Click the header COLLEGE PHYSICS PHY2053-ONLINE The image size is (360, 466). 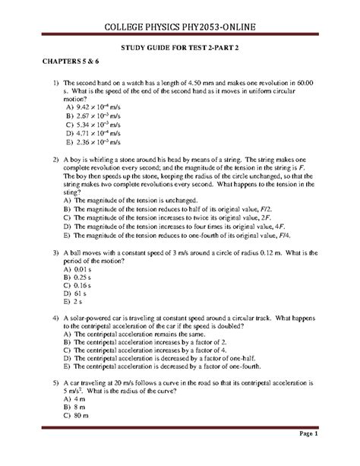pos(179,28)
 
